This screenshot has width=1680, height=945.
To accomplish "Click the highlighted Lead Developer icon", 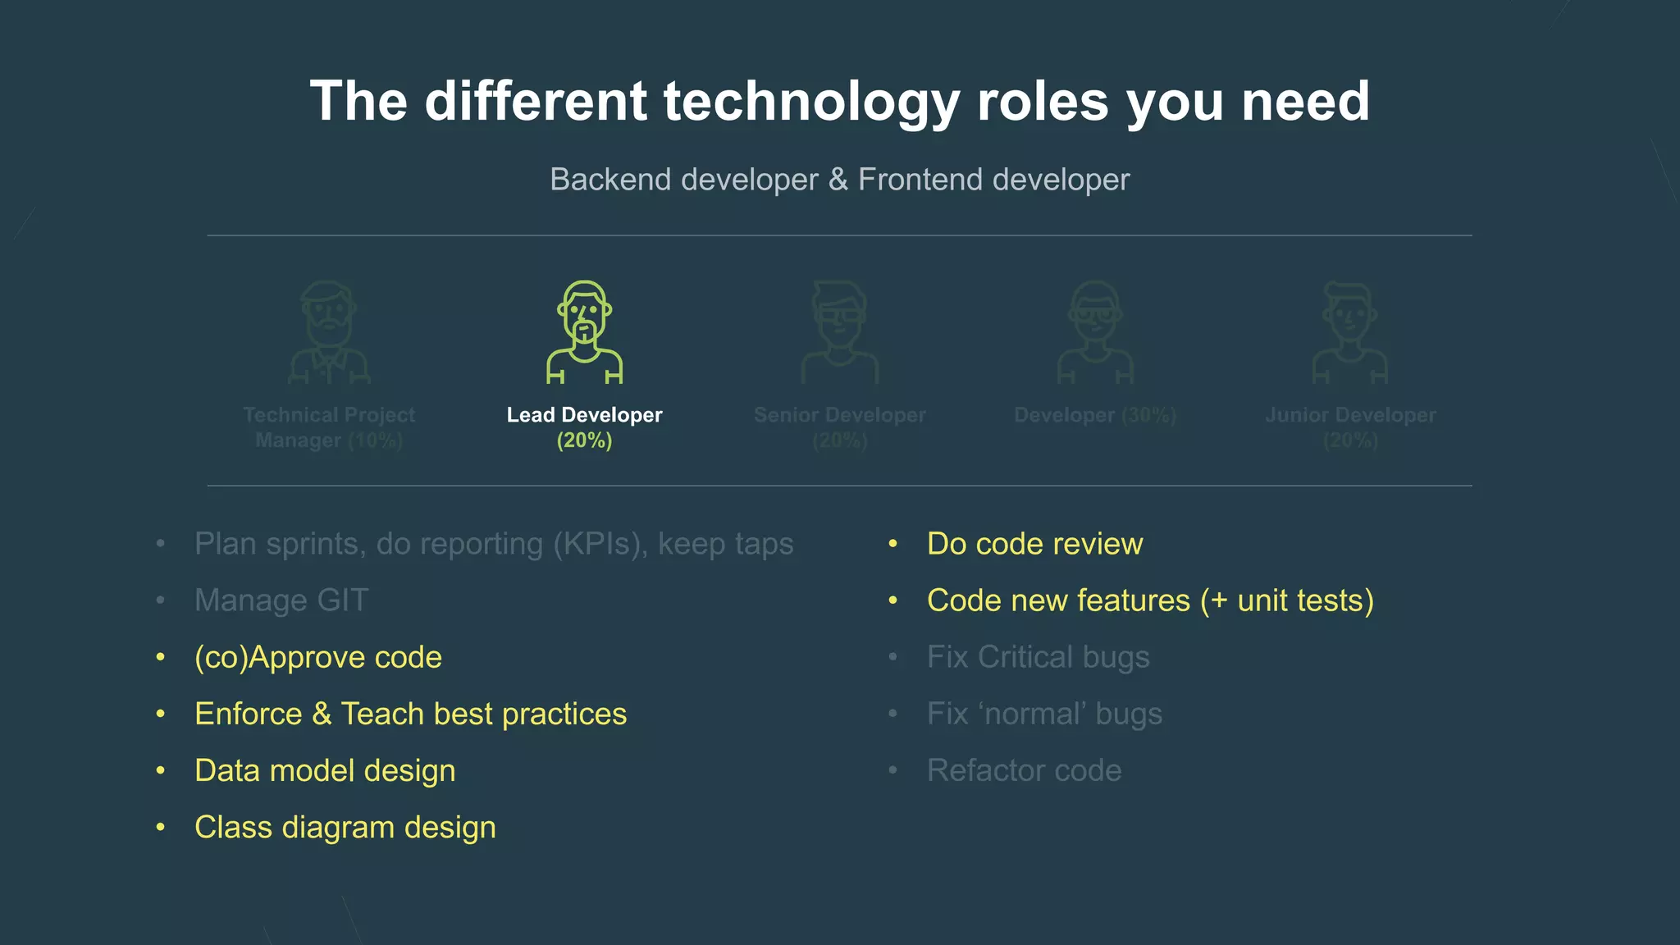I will (x=584, y=332).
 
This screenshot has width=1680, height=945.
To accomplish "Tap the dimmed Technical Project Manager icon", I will (x=329, y=332).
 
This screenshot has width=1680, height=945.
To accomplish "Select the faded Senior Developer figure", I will (x=839, y=332).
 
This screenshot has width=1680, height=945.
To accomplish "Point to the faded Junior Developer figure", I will (x=1349, y=332).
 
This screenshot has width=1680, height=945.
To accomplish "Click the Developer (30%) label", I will (x=1094, y=415).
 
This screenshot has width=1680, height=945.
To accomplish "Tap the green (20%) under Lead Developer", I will (x=584, y=441).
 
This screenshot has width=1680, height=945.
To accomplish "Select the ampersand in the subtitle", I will (x=838, y=180).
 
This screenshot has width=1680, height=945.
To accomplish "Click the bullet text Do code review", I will (x=1034, y=544).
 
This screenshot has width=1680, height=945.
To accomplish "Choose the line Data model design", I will (x=325, y=771).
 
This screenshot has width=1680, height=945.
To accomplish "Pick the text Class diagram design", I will (x=345, y=828).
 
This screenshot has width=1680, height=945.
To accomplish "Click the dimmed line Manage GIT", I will (x=281, y=600).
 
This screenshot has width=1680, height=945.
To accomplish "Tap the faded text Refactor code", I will (x=1024, y=771).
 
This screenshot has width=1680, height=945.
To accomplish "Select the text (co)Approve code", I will (x=318, y=657).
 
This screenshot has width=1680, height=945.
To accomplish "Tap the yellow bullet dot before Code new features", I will (x=892, y=600).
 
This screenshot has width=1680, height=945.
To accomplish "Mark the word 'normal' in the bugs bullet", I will (x=1031, y=714).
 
